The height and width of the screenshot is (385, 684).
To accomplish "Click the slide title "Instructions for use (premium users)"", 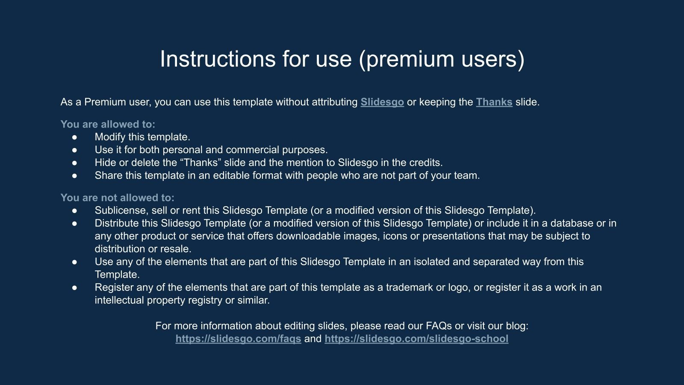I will (342, 59).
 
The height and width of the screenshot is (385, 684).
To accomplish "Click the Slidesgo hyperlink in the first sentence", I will (382, 102).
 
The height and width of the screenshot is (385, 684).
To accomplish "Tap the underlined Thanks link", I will (494, 102).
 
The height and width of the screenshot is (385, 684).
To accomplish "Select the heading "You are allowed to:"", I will (108, 124).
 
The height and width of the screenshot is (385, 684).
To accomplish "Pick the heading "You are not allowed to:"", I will (117, 198).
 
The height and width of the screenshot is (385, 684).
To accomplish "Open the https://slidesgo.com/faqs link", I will (238, 339).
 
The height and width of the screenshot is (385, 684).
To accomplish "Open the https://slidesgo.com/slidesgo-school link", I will (416, 339).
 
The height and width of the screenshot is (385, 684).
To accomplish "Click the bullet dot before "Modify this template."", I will (75, 137).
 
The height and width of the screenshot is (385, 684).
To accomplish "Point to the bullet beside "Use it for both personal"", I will (75, 150).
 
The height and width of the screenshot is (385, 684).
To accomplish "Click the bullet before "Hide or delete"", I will (75, 163).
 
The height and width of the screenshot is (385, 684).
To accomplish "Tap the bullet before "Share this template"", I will (75, 176).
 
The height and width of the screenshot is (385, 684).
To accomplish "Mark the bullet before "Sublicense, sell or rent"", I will (75, 210).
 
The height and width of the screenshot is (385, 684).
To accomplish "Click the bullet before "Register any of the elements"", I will (75, 287).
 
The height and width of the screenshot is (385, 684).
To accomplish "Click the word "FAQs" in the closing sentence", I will (438, 326).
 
